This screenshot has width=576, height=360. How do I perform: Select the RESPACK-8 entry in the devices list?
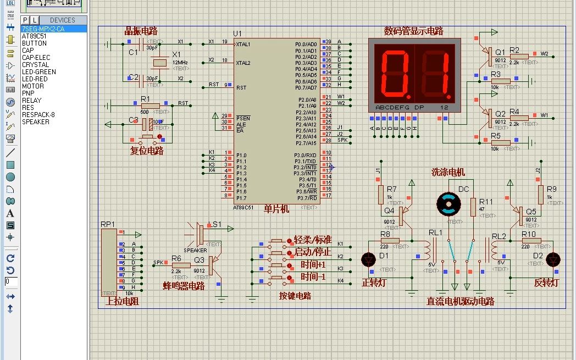[38, 114]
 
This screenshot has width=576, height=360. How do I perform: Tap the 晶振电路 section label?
[141, 30]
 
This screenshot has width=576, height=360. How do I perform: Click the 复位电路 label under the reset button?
[147, 151]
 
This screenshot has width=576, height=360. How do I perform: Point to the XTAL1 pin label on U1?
[243, 44]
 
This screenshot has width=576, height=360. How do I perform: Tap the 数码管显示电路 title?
[413, 31]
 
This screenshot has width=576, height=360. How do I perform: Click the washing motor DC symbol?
[447, 204]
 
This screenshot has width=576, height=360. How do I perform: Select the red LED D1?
[368, 259]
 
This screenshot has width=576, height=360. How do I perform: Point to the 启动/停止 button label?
[313, 252]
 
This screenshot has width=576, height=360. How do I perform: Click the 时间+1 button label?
[313, 264]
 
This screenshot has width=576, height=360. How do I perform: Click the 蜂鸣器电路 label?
[184, 286]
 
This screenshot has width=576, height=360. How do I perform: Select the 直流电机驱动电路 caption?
[460, 301]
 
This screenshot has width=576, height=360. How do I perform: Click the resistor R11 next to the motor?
[473, 207]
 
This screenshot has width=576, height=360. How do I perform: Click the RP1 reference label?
[108, 224]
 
